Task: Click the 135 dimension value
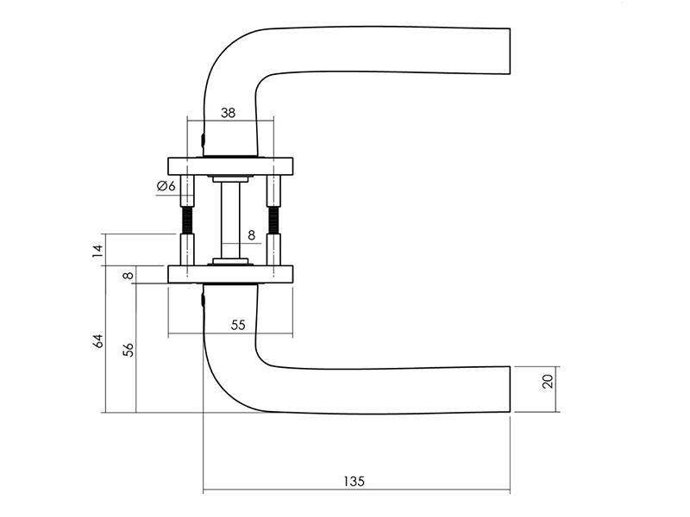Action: [354, 482]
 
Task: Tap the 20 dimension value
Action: [548, 381]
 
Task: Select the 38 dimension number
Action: [228, 113]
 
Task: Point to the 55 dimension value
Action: [238, 326]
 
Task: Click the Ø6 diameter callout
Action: [166, 186]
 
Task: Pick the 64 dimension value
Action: [98, 341]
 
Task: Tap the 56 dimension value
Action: [128, 350]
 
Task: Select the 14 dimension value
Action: [98, 251]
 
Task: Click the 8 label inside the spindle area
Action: [251, 235]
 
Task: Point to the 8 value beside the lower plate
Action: [128, 276]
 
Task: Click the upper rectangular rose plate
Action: [230, 165]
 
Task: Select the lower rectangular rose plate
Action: [230, 274]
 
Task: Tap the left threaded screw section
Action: [187, 221]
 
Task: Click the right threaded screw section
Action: [273, 221]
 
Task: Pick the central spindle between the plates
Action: [230, 220]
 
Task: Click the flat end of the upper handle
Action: [510, 51]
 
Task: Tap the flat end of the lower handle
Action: [510, 389]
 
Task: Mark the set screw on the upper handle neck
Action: [203, 140]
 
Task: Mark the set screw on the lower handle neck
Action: [203, 300]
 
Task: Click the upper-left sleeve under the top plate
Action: [187, 190]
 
